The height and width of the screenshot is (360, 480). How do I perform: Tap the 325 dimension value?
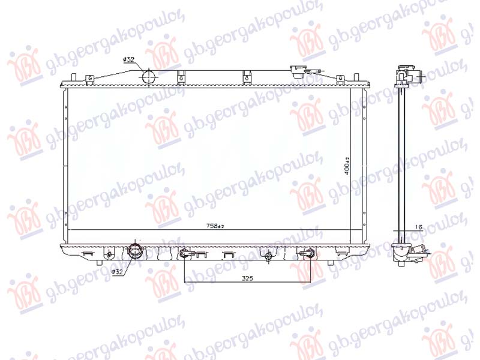point(247,278)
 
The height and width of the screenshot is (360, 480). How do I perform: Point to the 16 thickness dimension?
point(419,227)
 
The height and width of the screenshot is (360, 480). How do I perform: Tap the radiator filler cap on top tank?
point(296,70)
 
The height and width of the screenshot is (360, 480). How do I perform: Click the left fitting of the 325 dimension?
point(185,254)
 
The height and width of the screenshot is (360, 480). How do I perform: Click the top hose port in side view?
point(421,77)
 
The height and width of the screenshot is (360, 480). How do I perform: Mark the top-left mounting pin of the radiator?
point(72,78)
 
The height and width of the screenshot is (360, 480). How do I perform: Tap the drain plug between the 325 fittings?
point(268,257)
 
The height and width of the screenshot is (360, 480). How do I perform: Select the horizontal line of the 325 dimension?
point(247,283)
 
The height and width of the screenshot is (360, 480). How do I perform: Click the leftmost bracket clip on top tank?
point(89,78)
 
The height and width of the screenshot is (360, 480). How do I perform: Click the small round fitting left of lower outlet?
point(109,255)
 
